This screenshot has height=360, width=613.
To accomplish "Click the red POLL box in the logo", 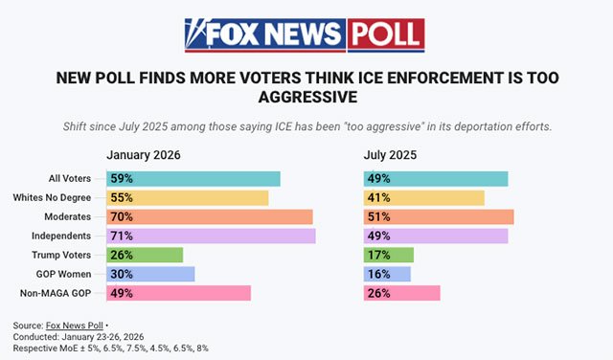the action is (386, 34).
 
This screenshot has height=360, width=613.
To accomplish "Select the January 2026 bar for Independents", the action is (211, 236).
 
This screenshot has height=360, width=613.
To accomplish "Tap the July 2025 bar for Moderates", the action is (439, 217).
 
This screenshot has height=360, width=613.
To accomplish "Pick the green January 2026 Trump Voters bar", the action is (145, 256).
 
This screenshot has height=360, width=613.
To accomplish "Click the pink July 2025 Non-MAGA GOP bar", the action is (402, 293).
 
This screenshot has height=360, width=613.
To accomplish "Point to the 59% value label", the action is (122, 179).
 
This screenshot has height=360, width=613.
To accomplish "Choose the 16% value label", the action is (379, 275).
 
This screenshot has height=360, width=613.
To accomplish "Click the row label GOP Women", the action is (64, 275).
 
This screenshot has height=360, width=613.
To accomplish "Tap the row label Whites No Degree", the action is (52, 198).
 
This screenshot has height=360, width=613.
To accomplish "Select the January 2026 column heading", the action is (144, 155).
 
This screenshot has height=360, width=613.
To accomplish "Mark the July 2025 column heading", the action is (390, 155).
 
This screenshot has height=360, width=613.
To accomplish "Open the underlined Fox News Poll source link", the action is (75, 326).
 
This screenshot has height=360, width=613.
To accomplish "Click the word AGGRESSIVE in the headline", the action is (307, 97).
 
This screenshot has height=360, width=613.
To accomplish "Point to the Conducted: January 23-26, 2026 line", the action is (79, 337).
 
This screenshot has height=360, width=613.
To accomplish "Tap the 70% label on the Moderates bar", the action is (122, 217).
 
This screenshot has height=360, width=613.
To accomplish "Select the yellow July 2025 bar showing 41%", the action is (424, 198).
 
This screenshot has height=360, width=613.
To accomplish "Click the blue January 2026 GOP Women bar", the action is (150, 275).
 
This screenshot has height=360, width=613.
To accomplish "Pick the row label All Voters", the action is (70, 179).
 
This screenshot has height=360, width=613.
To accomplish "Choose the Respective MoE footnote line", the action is (111, 349).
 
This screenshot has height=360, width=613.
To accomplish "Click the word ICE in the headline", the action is (371, 78).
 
